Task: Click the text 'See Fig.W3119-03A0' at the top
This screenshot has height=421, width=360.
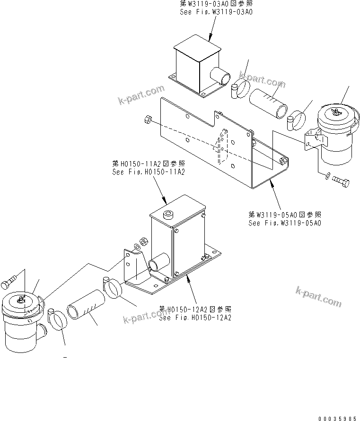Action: click(x=216, y=12)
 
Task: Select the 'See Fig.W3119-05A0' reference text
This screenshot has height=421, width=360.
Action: click(x=285, y=222)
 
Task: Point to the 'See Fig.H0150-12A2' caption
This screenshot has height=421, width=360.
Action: click(x=195, y=318)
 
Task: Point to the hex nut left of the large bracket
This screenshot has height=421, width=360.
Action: click(x=147, y=120)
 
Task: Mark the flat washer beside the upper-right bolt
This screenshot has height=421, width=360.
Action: click(x=327, y=177)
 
